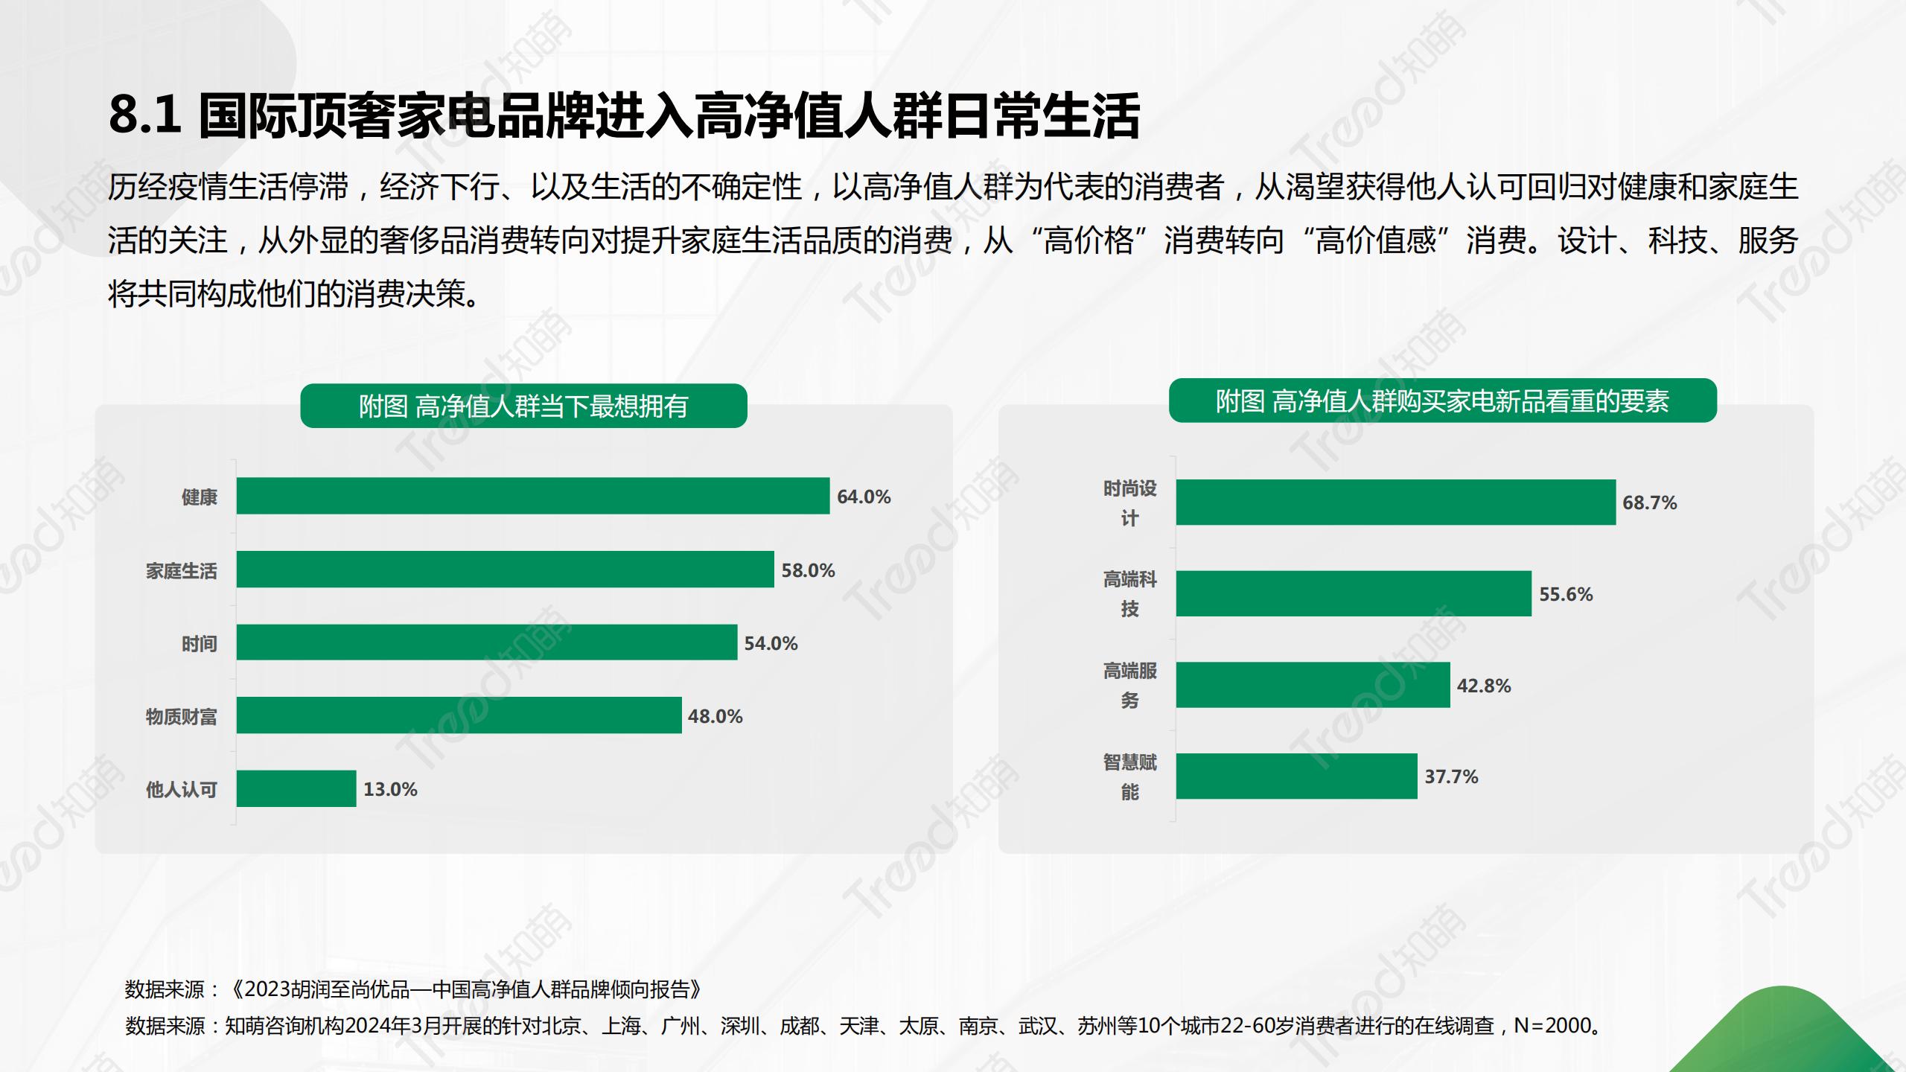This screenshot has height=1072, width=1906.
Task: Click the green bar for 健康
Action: (532, 496)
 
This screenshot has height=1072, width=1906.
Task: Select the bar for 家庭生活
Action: (505, 569)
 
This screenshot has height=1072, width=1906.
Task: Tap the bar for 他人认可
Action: (296, 788)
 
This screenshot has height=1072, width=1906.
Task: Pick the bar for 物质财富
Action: (459, 715)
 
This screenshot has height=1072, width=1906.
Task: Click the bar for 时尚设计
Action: (1395, 502)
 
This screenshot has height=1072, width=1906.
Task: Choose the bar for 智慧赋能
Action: (1296, 776)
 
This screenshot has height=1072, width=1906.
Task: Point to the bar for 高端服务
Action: (1313, 685)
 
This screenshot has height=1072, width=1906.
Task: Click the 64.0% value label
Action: (864, 497)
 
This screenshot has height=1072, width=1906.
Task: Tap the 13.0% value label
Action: (390, 789)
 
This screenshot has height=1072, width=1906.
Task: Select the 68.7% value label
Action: (1649, 502)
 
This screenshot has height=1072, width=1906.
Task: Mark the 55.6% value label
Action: (1566, 594)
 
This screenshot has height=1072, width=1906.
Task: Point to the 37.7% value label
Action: (1451, 776)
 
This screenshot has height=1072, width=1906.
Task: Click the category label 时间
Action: (199, 643)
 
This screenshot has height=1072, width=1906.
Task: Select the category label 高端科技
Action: (1129, 594)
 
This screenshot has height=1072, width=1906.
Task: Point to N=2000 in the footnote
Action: (1552, 1026)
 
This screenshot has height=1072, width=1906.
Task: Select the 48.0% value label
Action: (715, 716)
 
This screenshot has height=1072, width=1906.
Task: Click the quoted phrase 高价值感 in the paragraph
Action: (1375, 241)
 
